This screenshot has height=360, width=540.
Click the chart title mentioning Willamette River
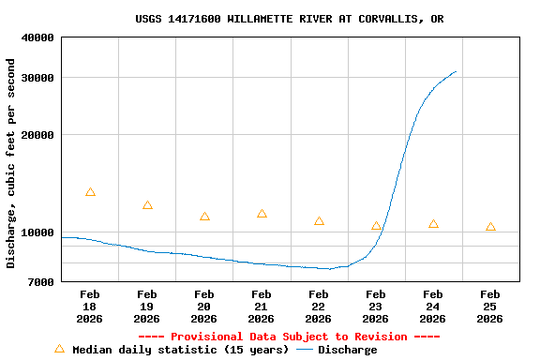289,19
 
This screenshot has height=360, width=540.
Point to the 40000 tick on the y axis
38,37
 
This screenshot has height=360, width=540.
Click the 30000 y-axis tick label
38,78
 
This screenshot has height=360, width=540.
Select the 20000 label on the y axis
38,135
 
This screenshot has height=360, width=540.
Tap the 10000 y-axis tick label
38,232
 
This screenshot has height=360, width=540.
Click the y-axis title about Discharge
11,163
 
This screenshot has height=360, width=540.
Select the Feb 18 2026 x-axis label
90,307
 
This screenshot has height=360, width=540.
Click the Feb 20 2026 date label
204,307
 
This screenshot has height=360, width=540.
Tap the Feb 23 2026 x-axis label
375,307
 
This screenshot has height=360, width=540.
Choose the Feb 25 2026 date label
489,307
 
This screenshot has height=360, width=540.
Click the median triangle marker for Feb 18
90,192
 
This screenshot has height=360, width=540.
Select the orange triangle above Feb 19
147,205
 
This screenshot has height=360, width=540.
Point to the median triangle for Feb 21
262,214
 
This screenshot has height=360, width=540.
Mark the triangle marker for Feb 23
376,226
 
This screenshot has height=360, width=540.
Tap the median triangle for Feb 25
490,227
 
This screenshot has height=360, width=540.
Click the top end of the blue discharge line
456,71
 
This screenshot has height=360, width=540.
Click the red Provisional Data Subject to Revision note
289,337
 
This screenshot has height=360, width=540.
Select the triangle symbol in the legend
59,349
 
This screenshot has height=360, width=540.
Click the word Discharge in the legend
347,350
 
